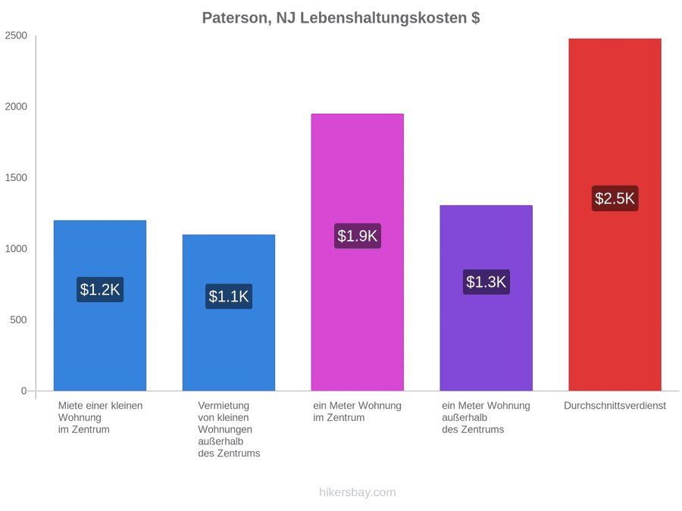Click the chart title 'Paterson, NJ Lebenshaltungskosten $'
(341, 18)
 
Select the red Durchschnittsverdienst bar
(615, 215)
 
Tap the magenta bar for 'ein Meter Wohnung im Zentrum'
(358, 252)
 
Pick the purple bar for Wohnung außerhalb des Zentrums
(486, 298)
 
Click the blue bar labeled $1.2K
(100, 306)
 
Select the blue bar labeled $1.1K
(229, 313)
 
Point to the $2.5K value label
(615, 198)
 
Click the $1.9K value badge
(358, 236)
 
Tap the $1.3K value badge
(486, 282)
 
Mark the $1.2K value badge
(100, 289)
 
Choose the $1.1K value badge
(229, 296)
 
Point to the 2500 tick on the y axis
(16, 36)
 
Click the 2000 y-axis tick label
(16, 107)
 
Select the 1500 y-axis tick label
(16, 178)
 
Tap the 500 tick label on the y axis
(19, 319)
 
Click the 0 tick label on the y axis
(24, 391)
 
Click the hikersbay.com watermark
(358, 492)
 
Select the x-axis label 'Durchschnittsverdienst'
(615, 406)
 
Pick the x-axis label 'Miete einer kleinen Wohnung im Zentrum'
(101, 418)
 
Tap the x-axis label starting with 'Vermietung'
(229, 429)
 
